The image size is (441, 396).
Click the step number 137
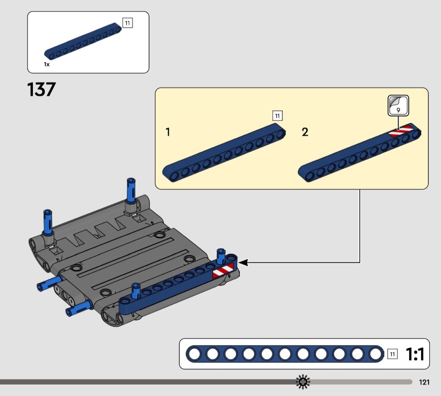(41, 90)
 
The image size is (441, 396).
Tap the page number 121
(424, 382)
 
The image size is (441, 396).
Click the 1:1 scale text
(415, 354)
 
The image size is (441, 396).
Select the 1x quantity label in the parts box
(47, 64)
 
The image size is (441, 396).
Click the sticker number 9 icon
(398, 106)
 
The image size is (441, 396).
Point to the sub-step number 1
(168, 132)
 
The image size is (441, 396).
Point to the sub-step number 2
(305, 132)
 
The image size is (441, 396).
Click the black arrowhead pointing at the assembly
(243, 263)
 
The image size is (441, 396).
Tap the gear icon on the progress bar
(303, 382)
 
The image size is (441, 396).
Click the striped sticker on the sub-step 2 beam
(401, 131)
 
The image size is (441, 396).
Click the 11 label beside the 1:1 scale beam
(392, 354)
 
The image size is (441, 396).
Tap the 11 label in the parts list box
(127, 23)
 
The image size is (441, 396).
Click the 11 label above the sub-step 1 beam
(277, 116)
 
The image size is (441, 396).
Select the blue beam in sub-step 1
(224, 153)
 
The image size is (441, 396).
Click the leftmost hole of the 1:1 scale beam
(194, 354)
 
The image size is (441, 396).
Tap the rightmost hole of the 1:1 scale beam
(375, 354)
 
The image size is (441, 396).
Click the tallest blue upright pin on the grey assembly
(131, 190)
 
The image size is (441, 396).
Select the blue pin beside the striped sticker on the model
(221, 256)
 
